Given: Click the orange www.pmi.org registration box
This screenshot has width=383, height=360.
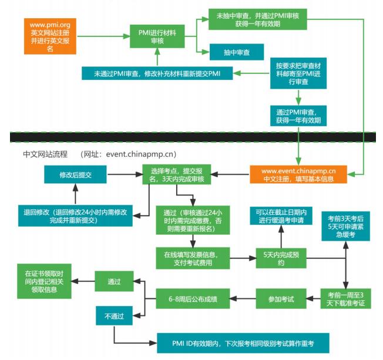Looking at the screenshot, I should [50, 36].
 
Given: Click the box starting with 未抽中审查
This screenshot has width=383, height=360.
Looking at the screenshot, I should [257, 19].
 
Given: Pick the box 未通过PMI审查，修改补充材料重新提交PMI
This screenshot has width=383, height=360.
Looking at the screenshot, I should [157, 73].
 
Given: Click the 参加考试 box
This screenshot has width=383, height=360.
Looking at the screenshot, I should [281, 299].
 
